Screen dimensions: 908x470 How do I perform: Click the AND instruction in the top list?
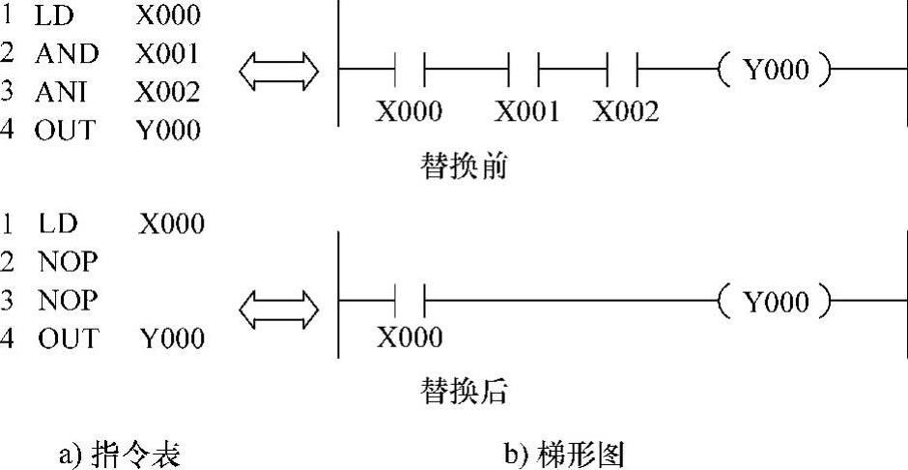[x=67, y=54]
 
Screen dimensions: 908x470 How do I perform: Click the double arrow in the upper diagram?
[x=279, y=70]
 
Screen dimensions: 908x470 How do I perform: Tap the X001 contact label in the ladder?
[x=527, y=112]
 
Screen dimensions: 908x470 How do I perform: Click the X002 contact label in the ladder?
[x=626, y=112]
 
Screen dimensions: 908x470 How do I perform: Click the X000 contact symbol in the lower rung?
[x=411, y=303]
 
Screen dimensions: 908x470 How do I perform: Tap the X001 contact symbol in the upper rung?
[x=524, y=71]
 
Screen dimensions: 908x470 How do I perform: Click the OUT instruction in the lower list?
[x=68, y=338]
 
